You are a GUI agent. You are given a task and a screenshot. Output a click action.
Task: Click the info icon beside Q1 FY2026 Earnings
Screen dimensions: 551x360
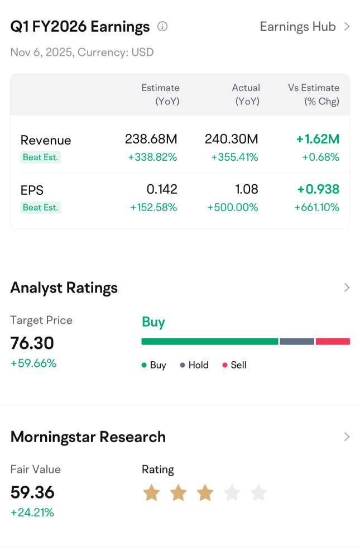(162, 26)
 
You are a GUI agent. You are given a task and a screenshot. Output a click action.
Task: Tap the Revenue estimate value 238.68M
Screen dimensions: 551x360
(151, 139)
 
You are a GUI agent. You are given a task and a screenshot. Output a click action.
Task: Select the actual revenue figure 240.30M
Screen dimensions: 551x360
(232, 139)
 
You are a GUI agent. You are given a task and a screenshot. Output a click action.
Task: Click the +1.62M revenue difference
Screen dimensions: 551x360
(318, 139)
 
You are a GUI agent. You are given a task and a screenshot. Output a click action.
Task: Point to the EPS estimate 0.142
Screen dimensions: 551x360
(161, 190)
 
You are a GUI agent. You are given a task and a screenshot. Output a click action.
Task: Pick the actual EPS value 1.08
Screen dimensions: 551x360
(247, 190)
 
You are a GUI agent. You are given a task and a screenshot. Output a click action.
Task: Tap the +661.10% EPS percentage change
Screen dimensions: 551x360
(316, 208)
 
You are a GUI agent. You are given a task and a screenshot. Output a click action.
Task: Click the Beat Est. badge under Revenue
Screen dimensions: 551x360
(41, 157)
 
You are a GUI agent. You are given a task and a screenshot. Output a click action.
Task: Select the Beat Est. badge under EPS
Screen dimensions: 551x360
(41, 208)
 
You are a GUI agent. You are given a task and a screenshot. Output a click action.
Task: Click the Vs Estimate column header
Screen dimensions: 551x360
(314, 94)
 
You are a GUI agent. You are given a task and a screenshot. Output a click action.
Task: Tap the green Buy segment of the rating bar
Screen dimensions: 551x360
(209, 342)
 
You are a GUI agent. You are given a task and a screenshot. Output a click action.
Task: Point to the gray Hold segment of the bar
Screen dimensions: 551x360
(297, 342)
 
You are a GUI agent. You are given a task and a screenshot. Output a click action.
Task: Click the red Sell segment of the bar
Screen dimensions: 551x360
(333, 342)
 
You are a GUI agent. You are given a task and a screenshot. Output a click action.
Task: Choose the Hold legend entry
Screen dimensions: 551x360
(194, 365)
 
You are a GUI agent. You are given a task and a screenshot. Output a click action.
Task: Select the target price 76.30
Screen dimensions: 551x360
(32, 343)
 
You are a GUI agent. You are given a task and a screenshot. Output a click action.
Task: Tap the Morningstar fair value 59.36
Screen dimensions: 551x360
(32, 492)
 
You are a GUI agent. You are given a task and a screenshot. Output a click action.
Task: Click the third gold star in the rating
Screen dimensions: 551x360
(205, 493)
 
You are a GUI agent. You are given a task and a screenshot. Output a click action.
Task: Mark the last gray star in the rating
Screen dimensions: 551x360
(258, 493)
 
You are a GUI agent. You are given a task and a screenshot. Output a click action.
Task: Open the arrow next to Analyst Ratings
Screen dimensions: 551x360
(347, 288)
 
